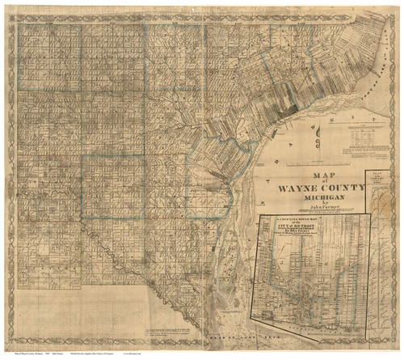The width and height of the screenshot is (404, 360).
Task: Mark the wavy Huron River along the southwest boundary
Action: click(121, 267)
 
